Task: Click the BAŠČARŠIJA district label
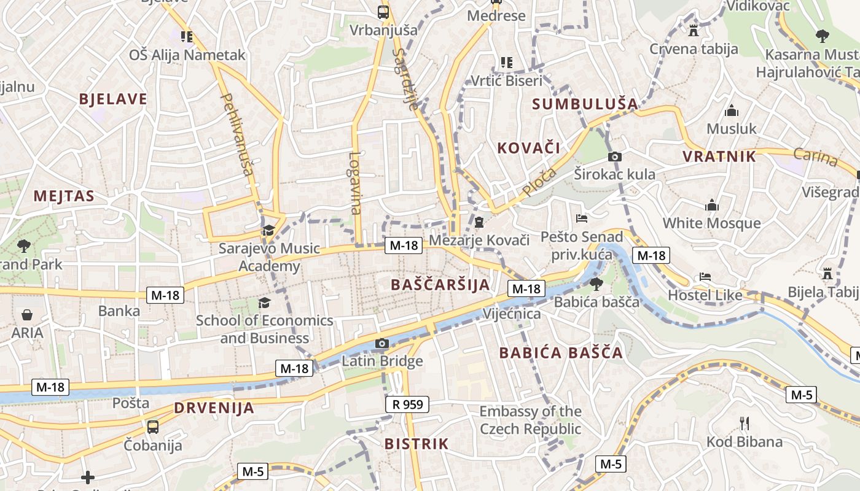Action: coord(440,285)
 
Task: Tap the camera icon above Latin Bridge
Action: coord(382,343)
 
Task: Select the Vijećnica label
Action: coord(512,314)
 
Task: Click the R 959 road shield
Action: coord(407,404)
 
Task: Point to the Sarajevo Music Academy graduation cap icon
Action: coord(268,231)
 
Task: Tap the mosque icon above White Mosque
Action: coord(712,205)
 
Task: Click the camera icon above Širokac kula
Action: coord(614,157)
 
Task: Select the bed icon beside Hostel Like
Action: coord(705,277)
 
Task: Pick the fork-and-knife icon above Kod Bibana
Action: coord(745,423)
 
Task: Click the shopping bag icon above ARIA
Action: coord(27,315)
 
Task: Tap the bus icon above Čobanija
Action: coord(152,427)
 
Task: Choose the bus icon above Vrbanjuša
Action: coord(383,12)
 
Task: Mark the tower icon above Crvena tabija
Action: coord(694,30)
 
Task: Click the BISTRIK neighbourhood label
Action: coord(416,444)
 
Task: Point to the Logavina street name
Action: coord(355,183)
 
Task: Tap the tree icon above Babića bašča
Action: coord(596,284)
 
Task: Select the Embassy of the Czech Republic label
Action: coord(530,420)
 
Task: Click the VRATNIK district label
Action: coord(719,157)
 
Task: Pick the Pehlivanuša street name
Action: coord(237,134)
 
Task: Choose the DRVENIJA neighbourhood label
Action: coord(214,408)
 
